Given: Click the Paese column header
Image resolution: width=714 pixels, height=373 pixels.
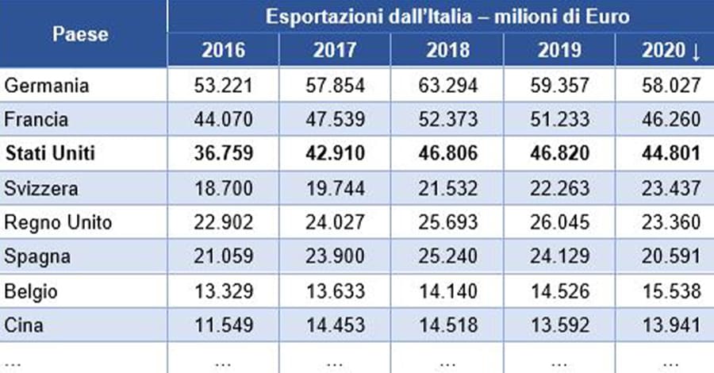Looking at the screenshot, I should pyautogui.click(x=80, y=34).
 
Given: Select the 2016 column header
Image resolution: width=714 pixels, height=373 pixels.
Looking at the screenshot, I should pyautogui.click(x=224, y=52).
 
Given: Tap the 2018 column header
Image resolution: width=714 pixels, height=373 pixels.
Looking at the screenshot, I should pyautogui.click(x=447, y=52).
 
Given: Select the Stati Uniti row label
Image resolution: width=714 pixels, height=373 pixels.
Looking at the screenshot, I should pyautogui.click(x=49, y=153).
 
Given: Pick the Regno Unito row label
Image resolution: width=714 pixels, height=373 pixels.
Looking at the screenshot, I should pyautogui.click(x=58, y=223).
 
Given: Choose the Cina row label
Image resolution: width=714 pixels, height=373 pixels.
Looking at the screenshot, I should pyautogui.click(x=23, y=325).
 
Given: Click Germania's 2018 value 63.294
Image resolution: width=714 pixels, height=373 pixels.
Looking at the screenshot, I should pyautogui.click(x=447, y=85).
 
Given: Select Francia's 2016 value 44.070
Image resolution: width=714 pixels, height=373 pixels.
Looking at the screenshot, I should pyautogui.click(x=224, y=119).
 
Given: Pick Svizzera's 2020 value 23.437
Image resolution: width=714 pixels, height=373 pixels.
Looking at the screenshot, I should pyautogui.click(x=670, y=188).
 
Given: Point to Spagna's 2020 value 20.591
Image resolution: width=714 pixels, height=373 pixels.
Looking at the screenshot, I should pyautogui.click(x=670, y=257).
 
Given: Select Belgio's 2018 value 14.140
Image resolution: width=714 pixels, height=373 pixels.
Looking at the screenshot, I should pyautogui.click(x=447, y=291).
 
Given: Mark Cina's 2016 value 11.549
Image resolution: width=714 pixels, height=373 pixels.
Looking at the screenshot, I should pyautogui.click(x=224, y=325).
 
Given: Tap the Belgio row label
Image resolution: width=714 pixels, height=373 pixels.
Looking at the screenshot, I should pyautogui.click(x=30, y=291).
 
